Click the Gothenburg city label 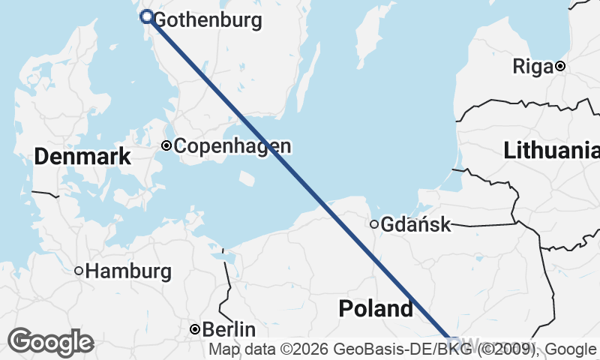[207, 20]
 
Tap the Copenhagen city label [232, 146]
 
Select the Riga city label [532, 66]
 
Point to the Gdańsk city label [415, 224]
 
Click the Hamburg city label [128, 271]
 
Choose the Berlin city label [229, 329]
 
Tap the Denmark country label [82, 157]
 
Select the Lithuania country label [551, 150]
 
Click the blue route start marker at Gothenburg [147, 16]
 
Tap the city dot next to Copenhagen [166, 146]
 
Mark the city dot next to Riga [559, 66]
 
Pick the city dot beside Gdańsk [373, 223]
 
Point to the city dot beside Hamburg [78, 271]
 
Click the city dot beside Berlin [194, 329]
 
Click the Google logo [50, 342]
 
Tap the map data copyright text [403, 349]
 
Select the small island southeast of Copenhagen [246, 178]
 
